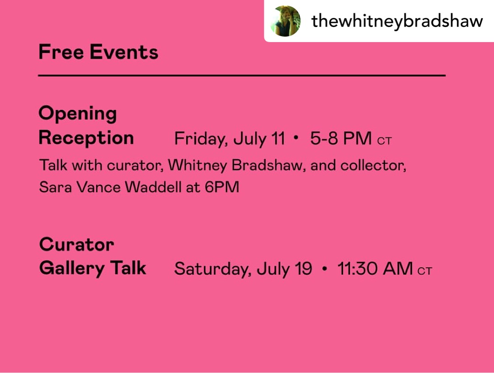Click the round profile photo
click(285, 21)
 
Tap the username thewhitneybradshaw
click(397, 22)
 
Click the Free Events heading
click(98, 52)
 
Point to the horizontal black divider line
click(242, 76)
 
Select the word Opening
click(77, 114)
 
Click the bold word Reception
click(86, 138)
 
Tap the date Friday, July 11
click(230, 138)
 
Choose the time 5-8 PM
click(341, 138)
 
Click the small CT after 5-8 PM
click(384, 141)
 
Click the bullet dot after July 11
click(295, 138)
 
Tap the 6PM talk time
click(222, 187)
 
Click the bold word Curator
click(76, 244)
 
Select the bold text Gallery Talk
click(92, 268)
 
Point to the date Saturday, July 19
click(243, 269)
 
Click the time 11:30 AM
click(375, 269)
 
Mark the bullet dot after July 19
click(325, 269)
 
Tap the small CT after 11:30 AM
click(424, 271)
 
